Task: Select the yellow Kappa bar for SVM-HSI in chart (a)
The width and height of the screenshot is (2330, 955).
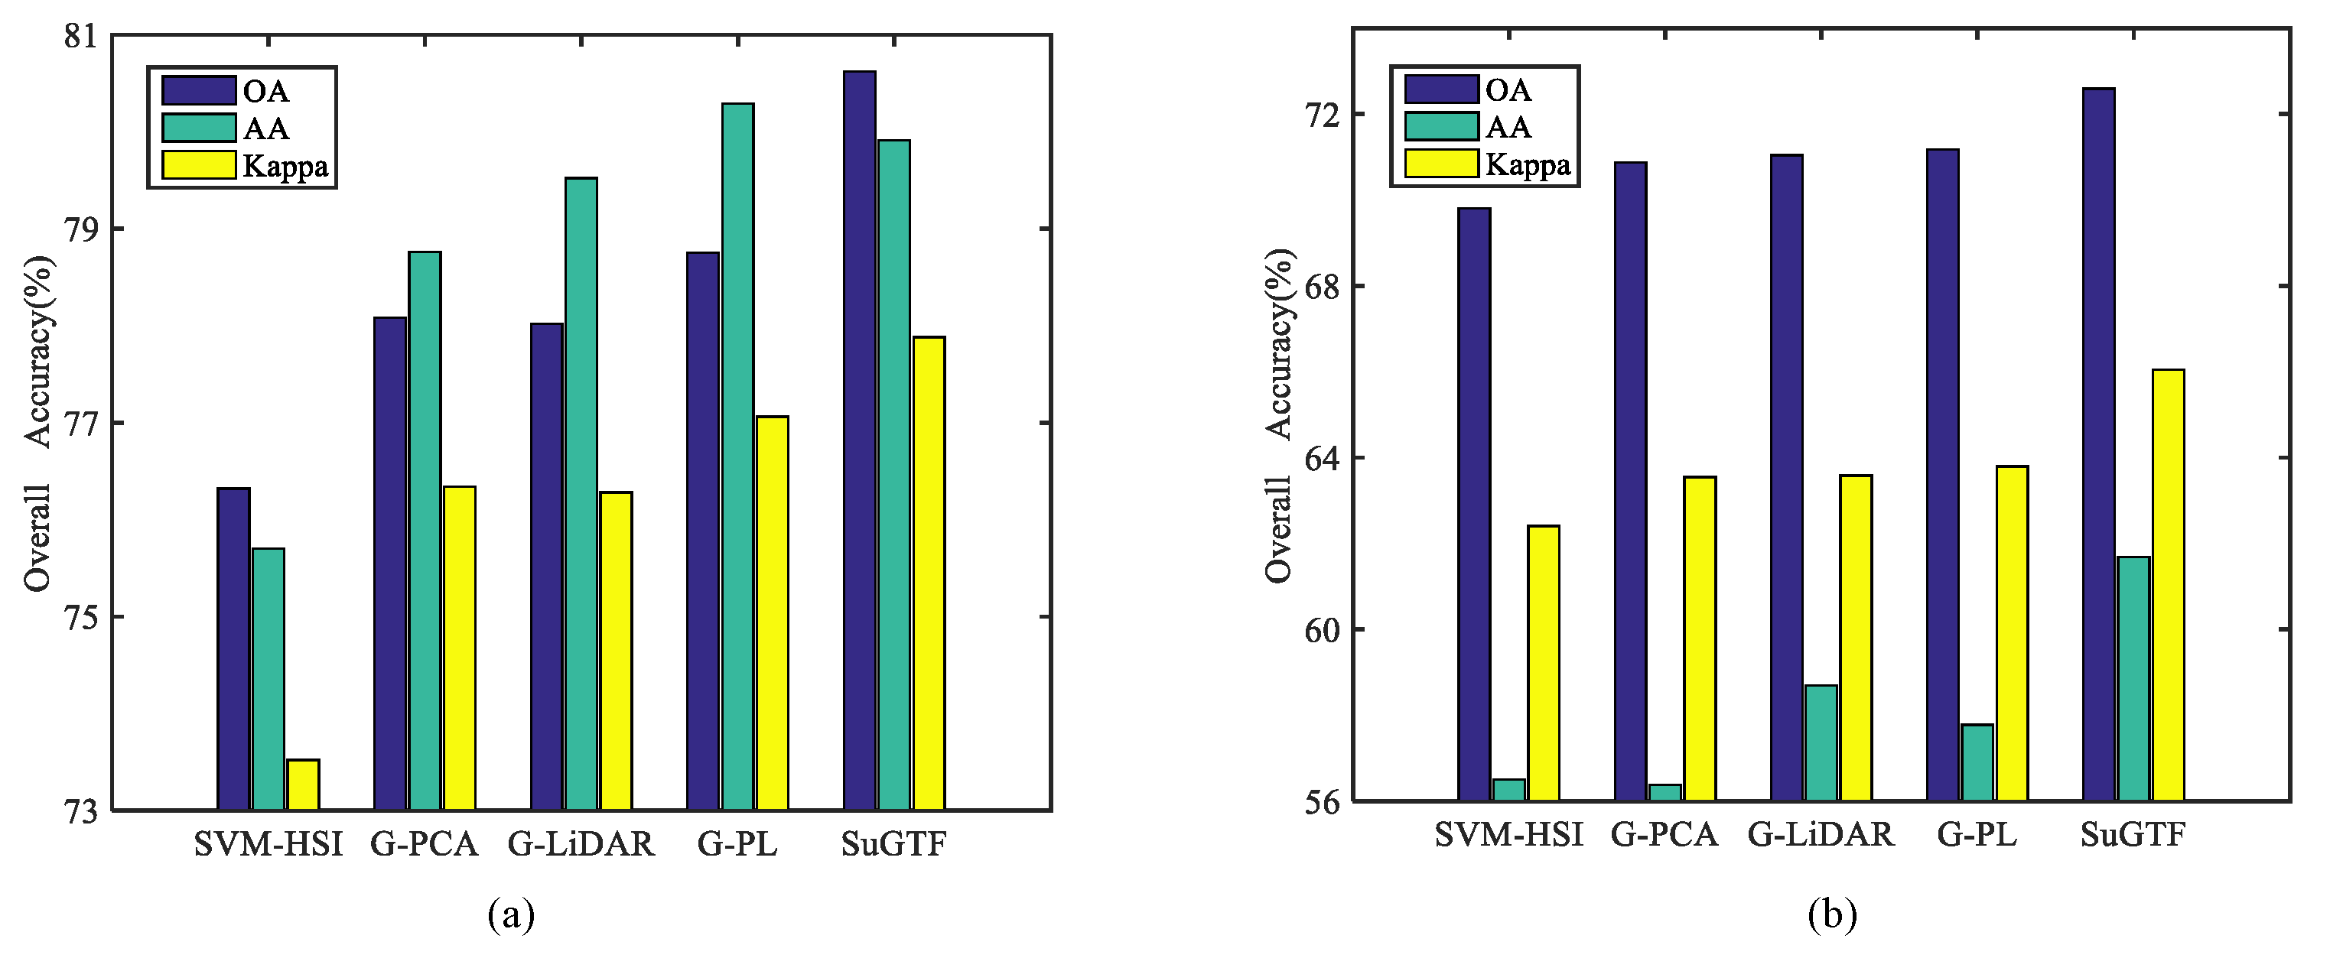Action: (x=303, y=785)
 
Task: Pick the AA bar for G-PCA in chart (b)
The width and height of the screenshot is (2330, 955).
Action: (x=1665, y=792)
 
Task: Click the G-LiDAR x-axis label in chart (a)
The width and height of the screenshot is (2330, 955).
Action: (x=581, y=844)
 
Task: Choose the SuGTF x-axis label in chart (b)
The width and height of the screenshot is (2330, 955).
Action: (x=2133, y=835)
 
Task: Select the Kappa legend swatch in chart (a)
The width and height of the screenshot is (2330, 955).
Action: (x=199, y=165)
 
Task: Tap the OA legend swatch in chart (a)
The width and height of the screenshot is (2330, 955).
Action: (x=199, y=90)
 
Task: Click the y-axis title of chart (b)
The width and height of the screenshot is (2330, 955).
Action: (x=1280, y=416)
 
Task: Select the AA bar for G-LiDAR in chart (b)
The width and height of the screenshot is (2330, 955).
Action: (x=1821, y=742)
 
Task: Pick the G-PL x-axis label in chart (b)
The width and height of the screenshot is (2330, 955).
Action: (x=1977, y=835)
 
